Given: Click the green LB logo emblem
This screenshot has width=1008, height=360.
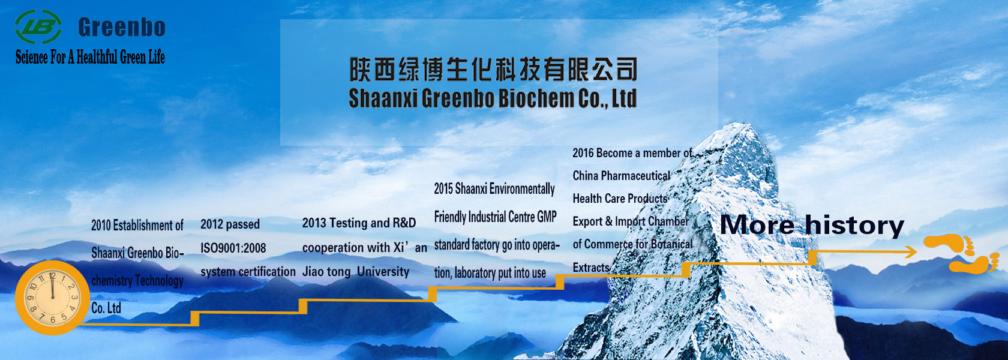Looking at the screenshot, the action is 38,26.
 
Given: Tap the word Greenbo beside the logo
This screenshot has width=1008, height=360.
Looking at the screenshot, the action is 122,27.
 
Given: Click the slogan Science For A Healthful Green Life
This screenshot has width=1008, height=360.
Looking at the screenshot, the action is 90,57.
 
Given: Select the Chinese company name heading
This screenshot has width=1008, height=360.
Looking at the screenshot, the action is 493,70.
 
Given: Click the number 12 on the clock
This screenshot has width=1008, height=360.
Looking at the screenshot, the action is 52,276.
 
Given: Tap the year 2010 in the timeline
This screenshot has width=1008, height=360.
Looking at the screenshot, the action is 101,225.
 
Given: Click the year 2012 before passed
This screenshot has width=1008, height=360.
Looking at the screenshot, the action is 211,224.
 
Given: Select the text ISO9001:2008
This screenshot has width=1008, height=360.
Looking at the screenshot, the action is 233,248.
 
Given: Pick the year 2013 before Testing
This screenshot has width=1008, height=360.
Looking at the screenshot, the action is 312,223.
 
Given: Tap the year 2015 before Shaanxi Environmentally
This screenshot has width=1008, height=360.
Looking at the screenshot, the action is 443,188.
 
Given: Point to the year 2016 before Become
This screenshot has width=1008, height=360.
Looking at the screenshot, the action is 583,153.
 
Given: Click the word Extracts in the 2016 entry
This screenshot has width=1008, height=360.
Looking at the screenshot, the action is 591,268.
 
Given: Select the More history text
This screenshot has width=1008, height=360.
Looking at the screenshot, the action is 812,225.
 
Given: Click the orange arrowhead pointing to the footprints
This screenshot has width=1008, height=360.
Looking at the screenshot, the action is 912,251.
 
